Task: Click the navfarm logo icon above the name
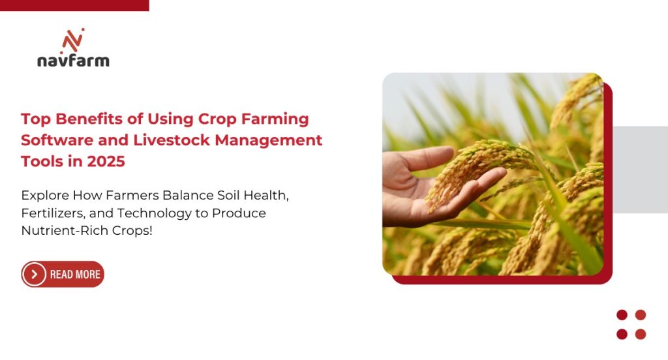click(73, 40)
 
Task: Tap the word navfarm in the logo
click(73, 61)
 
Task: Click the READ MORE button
click(63, 275)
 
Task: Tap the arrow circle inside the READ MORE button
click(34, 275)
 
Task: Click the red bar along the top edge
click(74, 5)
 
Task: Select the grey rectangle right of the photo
click(640, 169)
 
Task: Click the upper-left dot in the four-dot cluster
click(622, 315)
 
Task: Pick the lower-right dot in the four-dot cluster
click(641, 334)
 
